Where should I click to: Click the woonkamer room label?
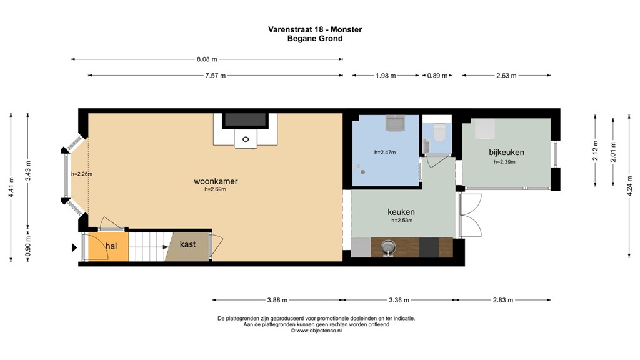(x=216, y=181)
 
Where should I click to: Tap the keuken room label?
(x=402, y=212)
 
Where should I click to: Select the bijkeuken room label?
(x=506, y=152)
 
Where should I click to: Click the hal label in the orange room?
(x=111, y=246)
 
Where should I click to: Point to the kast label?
(x=188, y=244)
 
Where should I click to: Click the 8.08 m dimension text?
(x=207, y=59)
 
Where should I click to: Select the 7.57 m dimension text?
(x=215, y=76)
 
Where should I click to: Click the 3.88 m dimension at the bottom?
(x=277, y=300)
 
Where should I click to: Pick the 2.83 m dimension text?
(x=504, y=300)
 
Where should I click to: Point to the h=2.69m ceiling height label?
(x=216, y=189)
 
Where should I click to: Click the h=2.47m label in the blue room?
(x=385, y=152)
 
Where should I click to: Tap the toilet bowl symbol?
(x=439, y=132)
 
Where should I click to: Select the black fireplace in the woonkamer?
(x=246, y=119)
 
